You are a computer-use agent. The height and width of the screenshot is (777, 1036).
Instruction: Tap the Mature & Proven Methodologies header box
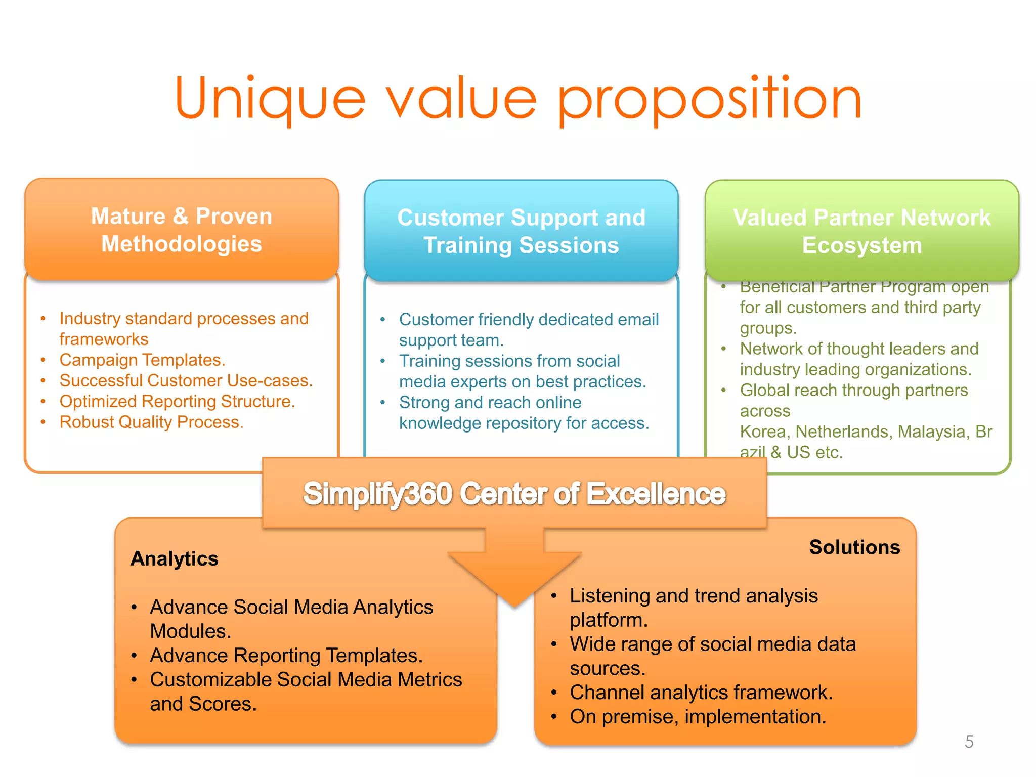(x=182, y=230)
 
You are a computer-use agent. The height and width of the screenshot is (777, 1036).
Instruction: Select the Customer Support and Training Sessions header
(x=521, y=231)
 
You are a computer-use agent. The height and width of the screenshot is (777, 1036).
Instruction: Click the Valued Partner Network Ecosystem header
(x=861, y=231)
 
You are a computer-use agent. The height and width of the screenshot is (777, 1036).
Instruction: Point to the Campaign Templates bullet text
(x=142, y=360)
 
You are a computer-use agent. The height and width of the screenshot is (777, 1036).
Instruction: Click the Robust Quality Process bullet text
(x=151, y=422)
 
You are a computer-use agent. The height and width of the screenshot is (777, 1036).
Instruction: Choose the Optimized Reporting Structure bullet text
(x=177, y=401)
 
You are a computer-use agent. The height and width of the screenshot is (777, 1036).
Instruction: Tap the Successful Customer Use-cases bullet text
(x=186, y=380)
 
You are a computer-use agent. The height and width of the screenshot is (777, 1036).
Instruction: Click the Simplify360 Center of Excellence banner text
(x=514, y=494)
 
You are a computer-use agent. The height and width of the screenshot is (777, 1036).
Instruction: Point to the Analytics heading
(x=175, y=558)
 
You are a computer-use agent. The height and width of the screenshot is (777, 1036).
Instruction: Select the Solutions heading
(x=854, y=547)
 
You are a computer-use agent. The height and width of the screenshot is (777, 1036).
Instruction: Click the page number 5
(x=969, y=742)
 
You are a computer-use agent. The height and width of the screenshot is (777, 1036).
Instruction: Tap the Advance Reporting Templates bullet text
(x=286, y=656)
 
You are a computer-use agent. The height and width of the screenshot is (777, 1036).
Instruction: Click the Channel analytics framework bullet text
(x=701, y=693)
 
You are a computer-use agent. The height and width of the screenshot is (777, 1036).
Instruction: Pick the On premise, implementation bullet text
(x=698, y=717)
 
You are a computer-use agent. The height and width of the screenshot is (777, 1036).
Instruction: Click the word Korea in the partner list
(x=764, y=431)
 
